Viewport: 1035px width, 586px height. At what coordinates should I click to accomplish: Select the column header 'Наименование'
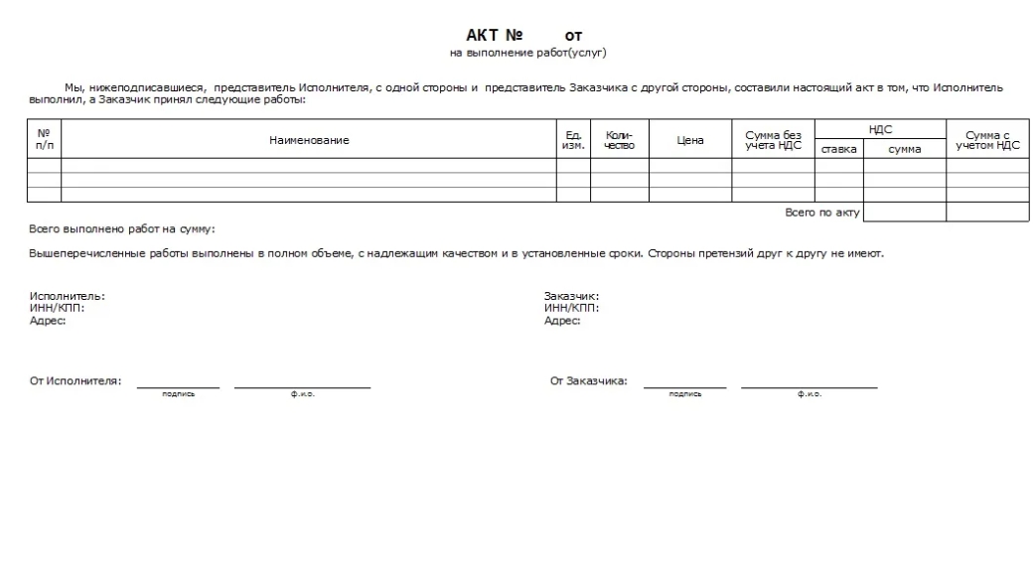[309, 140]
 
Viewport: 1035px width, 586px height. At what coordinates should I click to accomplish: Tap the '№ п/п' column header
[44, 140]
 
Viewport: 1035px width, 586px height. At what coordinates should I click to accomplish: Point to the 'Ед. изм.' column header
[573, 140]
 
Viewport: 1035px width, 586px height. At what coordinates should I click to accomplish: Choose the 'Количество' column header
[620, 140]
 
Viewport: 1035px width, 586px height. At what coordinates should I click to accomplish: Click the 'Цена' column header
[690, 140]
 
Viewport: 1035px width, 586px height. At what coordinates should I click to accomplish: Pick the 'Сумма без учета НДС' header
[773, 140]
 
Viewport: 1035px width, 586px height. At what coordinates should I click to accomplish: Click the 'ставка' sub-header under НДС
[838, 149]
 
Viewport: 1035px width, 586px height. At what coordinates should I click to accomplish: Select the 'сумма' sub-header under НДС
[904, 149]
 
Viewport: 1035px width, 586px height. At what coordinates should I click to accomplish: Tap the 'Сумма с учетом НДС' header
[987, 140]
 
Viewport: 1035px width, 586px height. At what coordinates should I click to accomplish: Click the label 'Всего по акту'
[821, 213]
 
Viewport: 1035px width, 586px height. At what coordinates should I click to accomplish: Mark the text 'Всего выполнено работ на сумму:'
[122, 229]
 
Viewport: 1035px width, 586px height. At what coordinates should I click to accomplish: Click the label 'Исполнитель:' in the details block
[67, 296]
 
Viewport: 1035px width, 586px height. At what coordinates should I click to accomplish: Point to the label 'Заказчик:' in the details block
[571, 296]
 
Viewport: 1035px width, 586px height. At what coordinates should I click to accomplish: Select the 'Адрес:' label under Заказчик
[561, 320]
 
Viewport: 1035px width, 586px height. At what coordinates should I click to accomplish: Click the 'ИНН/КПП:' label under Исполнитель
[57, 308]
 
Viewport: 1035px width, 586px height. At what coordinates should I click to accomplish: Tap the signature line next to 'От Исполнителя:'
[178, 386]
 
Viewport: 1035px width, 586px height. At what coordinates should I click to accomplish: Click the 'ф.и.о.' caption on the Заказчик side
[809, 394]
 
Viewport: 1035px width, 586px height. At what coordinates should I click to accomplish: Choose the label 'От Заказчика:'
[588, 380]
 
